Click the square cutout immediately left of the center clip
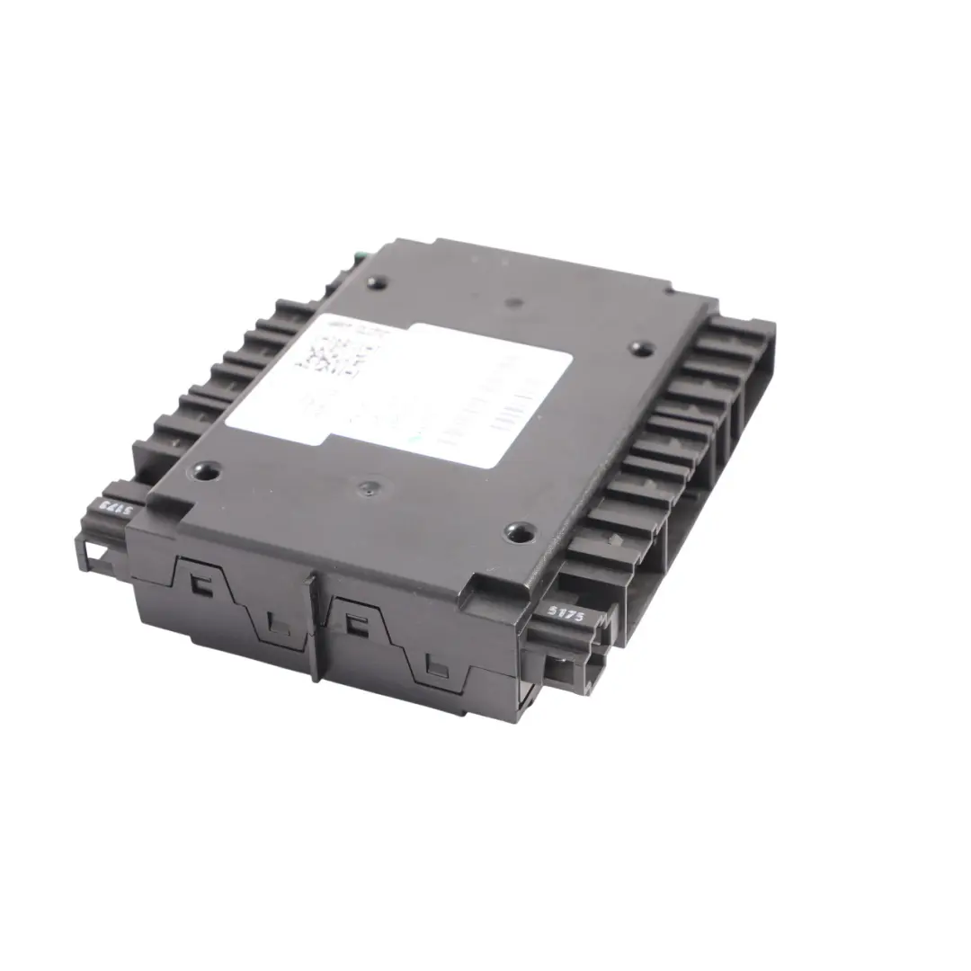[280, 626]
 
